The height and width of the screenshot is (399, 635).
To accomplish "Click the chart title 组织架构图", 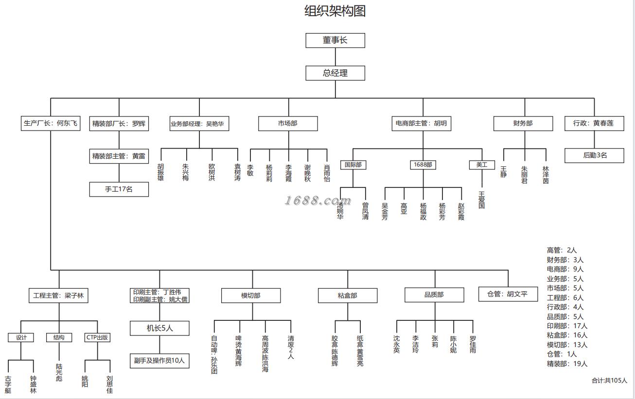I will point(335,11).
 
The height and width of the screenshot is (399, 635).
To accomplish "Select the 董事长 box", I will point(335,40).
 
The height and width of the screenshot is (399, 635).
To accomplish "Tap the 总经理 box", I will point(335,73).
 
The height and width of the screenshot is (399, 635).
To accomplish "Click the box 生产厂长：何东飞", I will point(51,123).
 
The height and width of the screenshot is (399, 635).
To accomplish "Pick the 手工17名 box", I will point(119,189).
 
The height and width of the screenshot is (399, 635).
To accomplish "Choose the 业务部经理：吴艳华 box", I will point(199,124).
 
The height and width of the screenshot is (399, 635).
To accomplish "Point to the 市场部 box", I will point(288,124).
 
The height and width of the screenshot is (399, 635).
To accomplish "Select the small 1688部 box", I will point(423,165).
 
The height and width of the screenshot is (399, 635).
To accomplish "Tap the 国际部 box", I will point(353,165).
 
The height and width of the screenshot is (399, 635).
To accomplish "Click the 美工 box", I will point(481,165).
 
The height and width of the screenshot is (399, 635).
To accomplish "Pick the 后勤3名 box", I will point(594,156).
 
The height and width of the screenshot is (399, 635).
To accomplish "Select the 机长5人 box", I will point(159,328).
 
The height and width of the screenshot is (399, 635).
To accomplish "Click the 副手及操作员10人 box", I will point(159,361).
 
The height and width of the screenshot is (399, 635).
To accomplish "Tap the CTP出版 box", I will point(97,337).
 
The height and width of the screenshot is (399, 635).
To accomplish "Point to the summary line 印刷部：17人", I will point(567,326).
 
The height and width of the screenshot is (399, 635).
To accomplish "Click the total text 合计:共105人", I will point(609,381).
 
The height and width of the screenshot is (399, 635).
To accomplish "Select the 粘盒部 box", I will point(348,296).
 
